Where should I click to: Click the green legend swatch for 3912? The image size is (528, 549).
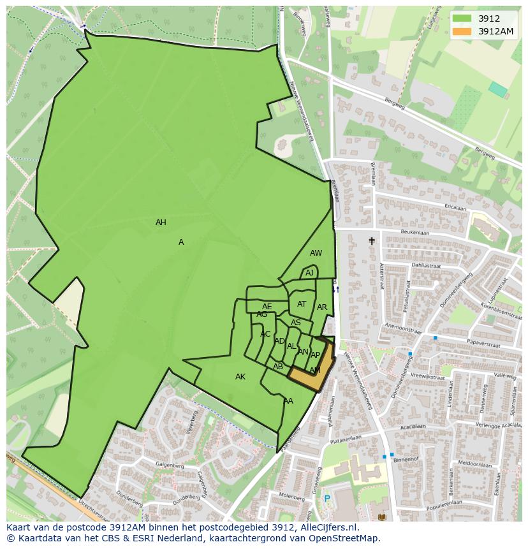point(463,18)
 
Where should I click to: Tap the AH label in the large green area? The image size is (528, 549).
point(161,223)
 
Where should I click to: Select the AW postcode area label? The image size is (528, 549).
point(316,253)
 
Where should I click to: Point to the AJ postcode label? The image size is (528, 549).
point(309,273)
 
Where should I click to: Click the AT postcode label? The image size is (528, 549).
point(302,304)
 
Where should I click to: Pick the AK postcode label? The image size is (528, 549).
point(240,377)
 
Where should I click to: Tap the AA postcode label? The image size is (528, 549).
point(288,401)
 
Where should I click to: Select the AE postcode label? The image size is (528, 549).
point(267,307)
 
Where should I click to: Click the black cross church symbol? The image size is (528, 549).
point(372,241)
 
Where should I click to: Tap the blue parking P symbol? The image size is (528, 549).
point(327,499)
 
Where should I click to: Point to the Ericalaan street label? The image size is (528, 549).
point(455,208)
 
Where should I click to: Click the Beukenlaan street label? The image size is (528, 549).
point(415,233)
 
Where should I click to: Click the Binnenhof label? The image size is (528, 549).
point(406,458)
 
